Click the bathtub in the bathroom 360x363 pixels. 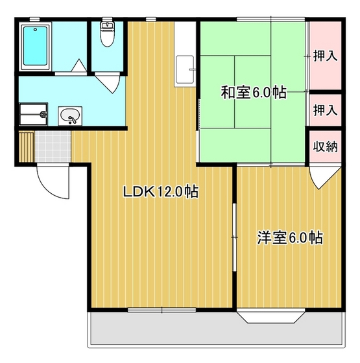pos(36,46)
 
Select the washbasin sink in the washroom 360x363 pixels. pos(70,116)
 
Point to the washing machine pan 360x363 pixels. pos(33,114)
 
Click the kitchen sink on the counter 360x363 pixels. pos(185,69)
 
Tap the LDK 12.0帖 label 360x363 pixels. pos(161,191)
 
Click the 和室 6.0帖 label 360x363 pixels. pos(254,92)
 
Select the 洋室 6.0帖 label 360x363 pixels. pos(290,237)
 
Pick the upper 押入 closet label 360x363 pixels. pos(325,56)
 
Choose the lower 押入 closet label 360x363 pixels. pos(325,110)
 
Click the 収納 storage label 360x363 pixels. pos(325,146)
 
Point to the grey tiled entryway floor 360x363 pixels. pos(53,146)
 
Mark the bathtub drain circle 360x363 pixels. pos(35,30)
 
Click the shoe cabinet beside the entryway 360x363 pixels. pos(27,146)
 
